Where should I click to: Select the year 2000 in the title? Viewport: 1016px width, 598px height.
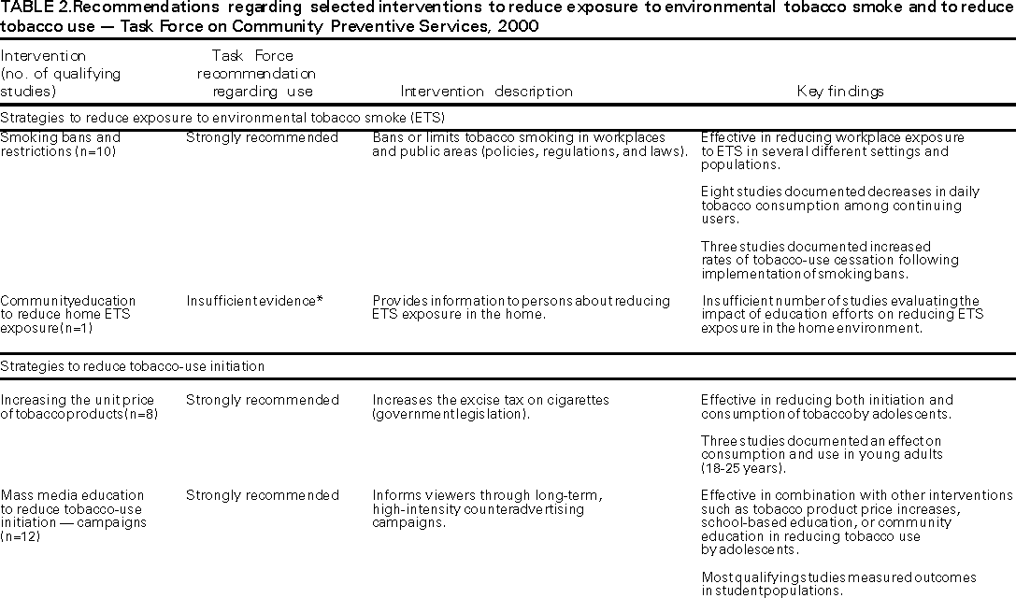point(520,26)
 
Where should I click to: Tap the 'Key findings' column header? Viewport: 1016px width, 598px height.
point(840,92)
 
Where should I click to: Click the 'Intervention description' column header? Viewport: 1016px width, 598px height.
point(486,92)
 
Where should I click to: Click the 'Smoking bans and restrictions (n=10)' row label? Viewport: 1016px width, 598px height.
point(60,144)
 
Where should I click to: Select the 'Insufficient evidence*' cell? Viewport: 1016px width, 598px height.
point(254,301)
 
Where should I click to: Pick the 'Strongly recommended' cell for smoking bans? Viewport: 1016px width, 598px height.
point(262,137)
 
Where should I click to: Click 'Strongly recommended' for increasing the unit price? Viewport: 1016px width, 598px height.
point(262,400)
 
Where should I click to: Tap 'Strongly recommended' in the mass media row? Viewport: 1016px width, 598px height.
point(262,495)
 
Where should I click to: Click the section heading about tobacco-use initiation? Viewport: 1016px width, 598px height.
point(133,366)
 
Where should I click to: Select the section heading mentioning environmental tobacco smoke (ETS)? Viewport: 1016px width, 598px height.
point(222,118)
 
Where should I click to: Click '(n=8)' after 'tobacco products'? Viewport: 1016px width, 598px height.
point(140,414)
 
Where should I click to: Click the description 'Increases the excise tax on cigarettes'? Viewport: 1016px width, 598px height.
point(490,400)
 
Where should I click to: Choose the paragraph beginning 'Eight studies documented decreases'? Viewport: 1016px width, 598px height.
point(840,206)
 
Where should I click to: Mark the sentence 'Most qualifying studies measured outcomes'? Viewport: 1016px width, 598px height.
point(838,577)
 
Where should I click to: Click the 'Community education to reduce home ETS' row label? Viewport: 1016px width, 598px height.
point(67,315)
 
